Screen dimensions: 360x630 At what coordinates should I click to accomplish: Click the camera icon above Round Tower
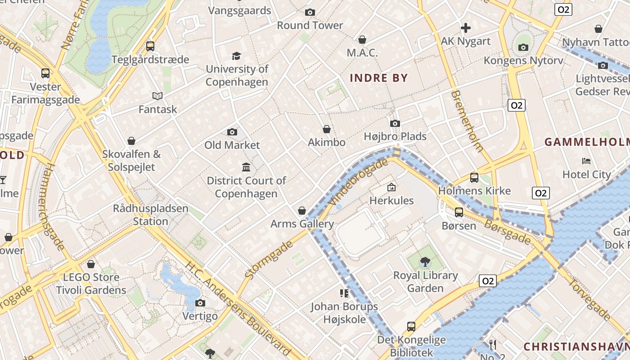click(310, 13)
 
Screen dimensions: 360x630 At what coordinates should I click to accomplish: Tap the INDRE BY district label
click(379, 78)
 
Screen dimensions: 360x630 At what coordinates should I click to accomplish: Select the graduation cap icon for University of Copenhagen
click(236, 56)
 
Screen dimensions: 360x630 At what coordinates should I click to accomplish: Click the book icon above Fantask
click(157, 96)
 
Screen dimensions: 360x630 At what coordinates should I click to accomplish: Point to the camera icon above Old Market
click(232, 132)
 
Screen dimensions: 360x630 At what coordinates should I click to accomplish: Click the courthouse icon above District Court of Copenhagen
click(246, 167)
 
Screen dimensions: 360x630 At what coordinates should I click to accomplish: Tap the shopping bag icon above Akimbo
click(327, 129)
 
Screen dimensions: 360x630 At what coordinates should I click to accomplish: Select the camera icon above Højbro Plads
click(395, 123)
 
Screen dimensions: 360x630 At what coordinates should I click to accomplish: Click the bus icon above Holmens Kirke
click(474, 177)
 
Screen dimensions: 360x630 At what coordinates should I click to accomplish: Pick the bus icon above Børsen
click(459, 212)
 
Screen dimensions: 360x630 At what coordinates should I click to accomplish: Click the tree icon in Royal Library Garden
click(425, 261)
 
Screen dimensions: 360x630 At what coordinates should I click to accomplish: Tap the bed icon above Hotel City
click(586, 161)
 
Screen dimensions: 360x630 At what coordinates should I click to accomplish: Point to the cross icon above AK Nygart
click(466, 28)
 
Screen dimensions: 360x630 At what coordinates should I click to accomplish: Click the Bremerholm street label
click(467, 121)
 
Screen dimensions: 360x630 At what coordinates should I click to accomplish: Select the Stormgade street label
click(269, 258)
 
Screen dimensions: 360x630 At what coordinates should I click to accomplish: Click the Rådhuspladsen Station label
click(150, 215)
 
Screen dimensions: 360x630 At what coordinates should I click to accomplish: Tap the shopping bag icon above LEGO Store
click(91, 264)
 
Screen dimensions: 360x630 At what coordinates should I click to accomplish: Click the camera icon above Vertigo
click(200, 303)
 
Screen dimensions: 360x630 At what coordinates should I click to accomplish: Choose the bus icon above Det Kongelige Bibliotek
click(411, 326)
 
